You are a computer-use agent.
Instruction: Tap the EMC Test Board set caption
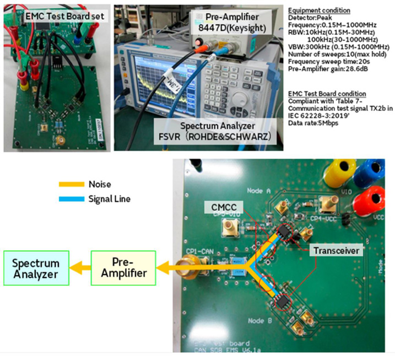tap(57, 15)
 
